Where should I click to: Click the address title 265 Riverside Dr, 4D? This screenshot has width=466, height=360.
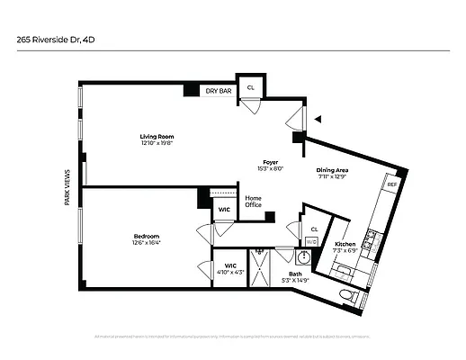click(x=55, y=40)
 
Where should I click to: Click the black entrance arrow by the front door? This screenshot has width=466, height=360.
click(x=317, y=118)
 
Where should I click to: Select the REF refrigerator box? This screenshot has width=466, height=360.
click(x=391, y=184)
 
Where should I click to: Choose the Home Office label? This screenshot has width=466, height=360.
click(x=253, y=202)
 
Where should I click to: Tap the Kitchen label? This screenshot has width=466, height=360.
click(x=345, y=245)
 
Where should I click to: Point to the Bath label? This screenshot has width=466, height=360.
click(x=295, y=274)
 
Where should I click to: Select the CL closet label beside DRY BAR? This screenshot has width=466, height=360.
click(x=251, y=87)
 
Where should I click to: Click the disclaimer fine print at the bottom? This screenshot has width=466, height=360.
click(x=232, y=337)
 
